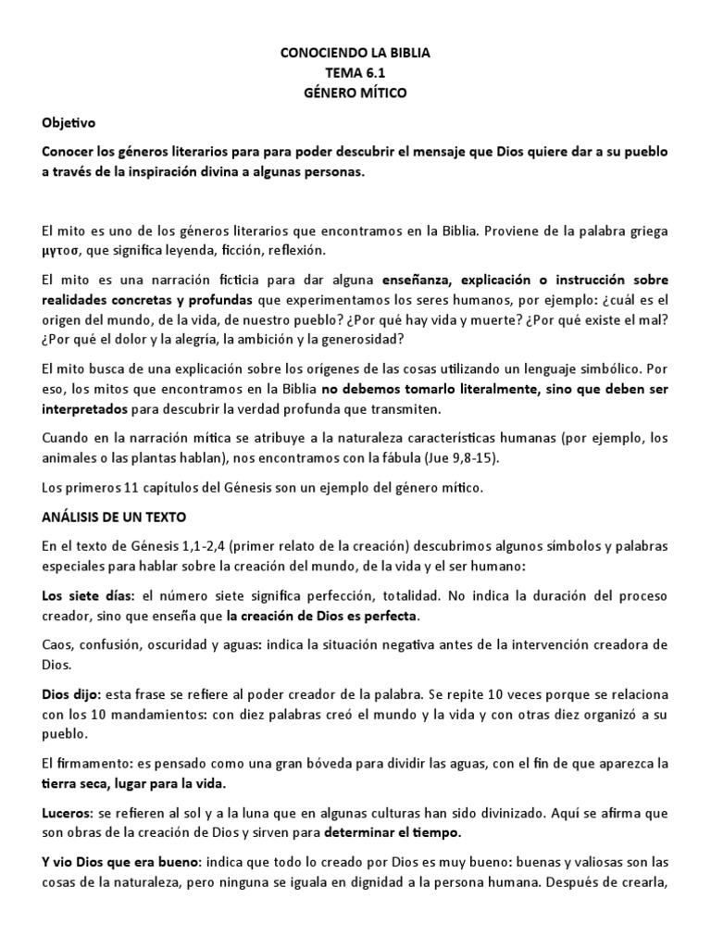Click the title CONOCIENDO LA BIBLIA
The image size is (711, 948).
click(x=355, y=55)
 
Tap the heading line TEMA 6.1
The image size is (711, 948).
click(x=355, y=73)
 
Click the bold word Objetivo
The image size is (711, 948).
click(x=69, y=122)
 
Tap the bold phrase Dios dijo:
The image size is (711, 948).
click(x=73, y=693)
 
